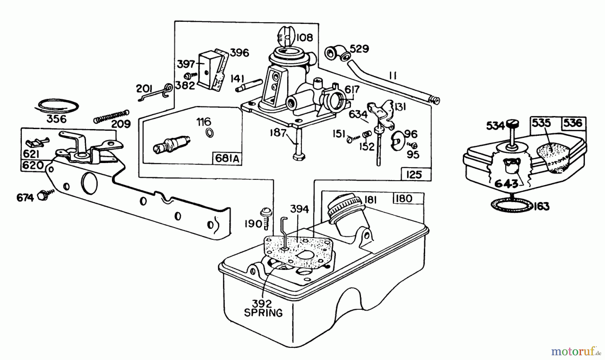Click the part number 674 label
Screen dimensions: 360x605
[25, 198]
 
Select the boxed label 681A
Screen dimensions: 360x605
[227, 159]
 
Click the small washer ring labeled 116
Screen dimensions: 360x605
[209, 133]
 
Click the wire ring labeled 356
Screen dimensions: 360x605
[58, 105]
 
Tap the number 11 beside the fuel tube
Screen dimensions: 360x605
[392, 76]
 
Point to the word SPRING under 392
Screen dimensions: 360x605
[263, 313]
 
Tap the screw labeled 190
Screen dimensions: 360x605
[264, 218]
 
